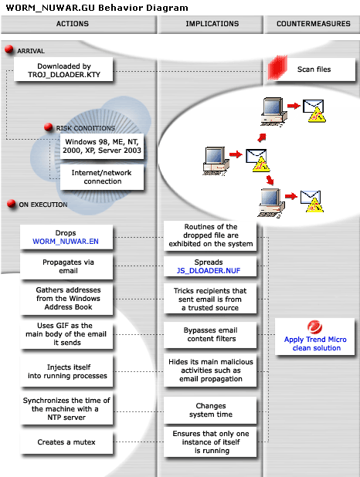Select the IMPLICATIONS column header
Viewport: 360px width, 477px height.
point(206,24)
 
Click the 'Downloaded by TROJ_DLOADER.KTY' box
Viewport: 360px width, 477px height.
point(64,71)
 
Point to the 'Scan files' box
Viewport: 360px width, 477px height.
point(314,69)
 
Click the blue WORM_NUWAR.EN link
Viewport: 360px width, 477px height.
point(66,241)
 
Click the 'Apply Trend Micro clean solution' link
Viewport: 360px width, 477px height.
point(315,343)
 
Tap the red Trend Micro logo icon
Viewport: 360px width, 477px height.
point(314,326)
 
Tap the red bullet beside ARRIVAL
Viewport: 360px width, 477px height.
point(9,50)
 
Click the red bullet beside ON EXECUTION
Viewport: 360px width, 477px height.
point(11,205)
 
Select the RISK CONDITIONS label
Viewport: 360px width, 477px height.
point(85,128)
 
